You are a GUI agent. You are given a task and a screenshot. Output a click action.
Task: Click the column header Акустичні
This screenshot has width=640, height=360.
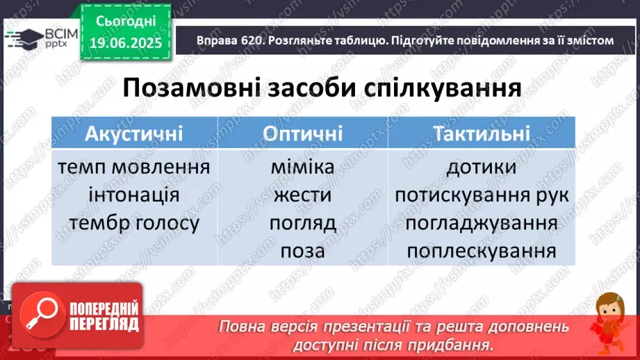pyautogui.click(x=134, y=133)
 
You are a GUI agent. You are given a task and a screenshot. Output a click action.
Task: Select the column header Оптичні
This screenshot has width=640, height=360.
pyautogui.click(x=302, y=133)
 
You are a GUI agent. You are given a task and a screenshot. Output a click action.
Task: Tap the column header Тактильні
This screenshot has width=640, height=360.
pyautogui.click(x=482, y=133)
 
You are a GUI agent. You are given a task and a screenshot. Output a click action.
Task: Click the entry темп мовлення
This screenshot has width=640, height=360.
pyautogui.click(x=134, y=167)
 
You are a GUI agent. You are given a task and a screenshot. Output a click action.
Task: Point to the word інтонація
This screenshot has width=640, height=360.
pyautogui.click(x=134, y=195)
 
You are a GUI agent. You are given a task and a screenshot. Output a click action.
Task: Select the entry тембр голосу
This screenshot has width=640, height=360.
pyautogui.click(x=134, y=223)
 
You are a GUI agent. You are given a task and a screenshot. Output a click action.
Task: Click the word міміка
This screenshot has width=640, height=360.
pyautogui.click(x=302, y=167)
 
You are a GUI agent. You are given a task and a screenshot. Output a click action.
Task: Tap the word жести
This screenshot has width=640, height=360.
pyautogui.click(x=302, y=195)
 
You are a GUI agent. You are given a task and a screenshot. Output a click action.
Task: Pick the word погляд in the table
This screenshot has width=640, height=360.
pyautogui.click(x=302, y=223)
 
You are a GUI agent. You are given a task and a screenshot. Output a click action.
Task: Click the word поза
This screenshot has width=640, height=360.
pyautogui.click(x=302, y=251)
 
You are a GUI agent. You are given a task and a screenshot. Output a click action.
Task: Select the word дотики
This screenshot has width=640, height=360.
pyautogui.click(x=482, y=167)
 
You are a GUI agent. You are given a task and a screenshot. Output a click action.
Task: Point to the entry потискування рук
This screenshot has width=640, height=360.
pyautogui.click(x=482, y=195)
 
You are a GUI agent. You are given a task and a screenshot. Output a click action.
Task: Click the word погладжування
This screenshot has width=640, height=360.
pyautogui.click(x=482, y=223)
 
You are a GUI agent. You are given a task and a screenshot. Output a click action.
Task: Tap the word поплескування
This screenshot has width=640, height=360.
pyautogui.click(x=482, y=251)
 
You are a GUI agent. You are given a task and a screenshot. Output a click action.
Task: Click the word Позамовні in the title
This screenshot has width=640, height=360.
pyautogui.click(x=191, y=88)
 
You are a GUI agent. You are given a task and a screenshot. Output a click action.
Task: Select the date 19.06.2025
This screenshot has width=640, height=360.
pyautogui.click(x=126, y=42)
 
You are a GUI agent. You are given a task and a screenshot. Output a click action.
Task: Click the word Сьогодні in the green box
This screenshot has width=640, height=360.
pyautogui.click(x=126, y=21)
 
